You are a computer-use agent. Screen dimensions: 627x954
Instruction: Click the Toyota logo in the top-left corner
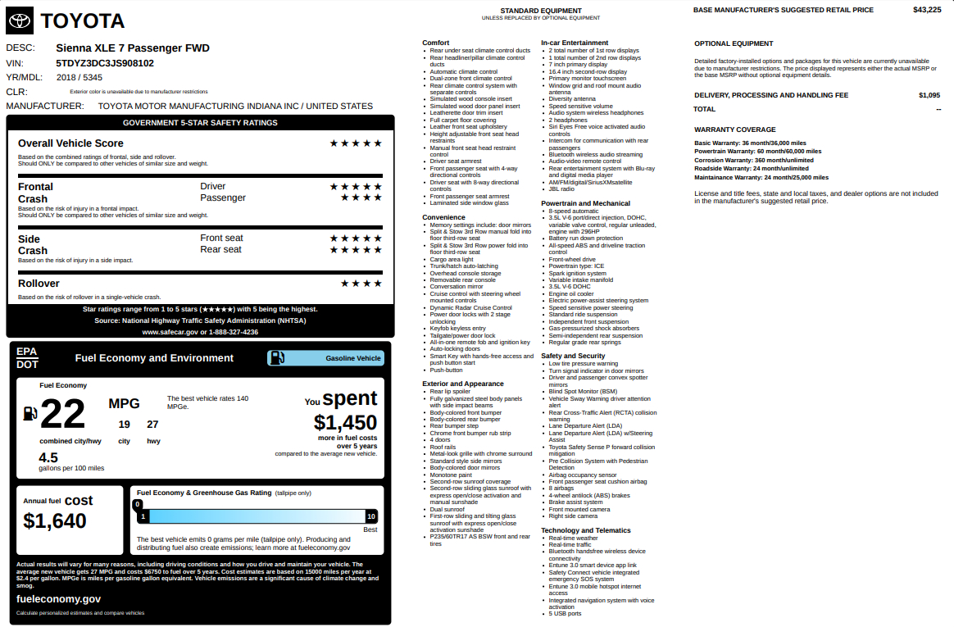[20, 20]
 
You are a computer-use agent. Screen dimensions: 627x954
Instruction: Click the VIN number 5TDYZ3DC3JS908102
[105, 63]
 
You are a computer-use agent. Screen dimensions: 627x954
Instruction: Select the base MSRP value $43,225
[927, 10]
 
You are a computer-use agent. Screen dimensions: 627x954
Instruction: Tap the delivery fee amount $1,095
[929, 95]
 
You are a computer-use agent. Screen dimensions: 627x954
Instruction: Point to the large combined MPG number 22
[62, 414]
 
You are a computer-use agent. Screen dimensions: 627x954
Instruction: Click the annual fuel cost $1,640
[55, 520]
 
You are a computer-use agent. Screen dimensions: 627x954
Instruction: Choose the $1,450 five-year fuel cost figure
[345, 422]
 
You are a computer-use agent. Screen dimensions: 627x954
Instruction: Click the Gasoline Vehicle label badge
[325, 358]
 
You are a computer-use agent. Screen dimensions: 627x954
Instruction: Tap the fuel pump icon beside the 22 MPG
[30, 413]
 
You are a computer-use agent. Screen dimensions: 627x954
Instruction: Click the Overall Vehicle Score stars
[356, 143]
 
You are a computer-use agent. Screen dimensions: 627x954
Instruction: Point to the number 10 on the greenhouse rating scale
[371, 516]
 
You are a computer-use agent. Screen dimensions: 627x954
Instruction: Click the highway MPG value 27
[153, 425]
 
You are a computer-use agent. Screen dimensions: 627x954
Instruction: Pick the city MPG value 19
[125, 425]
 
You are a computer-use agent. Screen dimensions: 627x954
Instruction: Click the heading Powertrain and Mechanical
[585, 203]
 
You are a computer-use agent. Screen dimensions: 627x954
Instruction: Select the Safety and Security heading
[573, 356]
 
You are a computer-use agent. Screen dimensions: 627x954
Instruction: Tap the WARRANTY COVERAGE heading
[734, 129]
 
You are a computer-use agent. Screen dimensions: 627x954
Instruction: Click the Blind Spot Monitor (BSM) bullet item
[583, 392]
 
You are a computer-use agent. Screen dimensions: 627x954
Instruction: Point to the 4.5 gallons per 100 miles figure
[48, 457]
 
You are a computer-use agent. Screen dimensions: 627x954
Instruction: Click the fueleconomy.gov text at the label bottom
[59, 598]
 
